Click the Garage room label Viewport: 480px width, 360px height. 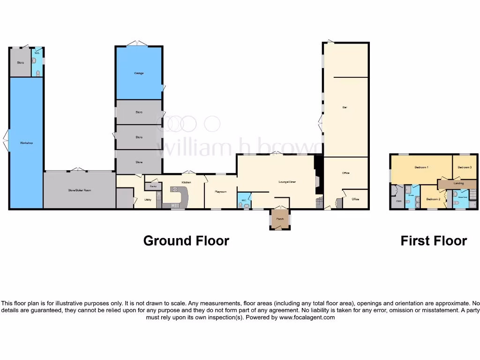coord(139,74)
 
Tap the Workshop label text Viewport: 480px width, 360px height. coord(26,142)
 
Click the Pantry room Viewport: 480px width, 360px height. coord(153,187)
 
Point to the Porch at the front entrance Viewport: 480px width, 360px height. coord(280,219)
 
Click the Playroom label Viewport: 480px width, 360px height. coord(221,192)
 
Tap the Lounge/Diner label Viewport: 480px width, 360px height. coord(287,182)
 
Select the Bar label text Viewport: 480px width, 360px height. coord(345,107)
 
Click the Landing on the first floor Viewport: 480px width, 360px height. coord(458,183)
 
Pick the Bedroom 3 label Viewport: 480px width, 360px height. coord(465,167)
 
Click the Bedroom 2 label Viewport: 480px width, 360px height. coord(433,199)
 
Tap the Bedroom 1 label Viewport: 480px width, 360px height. coord(421,167)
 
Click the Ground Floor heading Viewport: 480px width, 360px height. coord(186,241)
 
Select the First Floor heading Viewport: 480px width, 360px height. coord(434,241)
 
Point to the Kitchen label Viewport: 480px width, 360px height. coord(186,182)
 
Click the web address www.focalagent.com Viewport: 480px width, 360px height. coord(307,317)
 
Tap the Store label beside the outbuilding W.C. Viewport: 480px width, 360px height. coord(21,62)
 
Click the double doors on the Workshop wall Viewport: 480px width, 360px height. coord(6,141)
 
